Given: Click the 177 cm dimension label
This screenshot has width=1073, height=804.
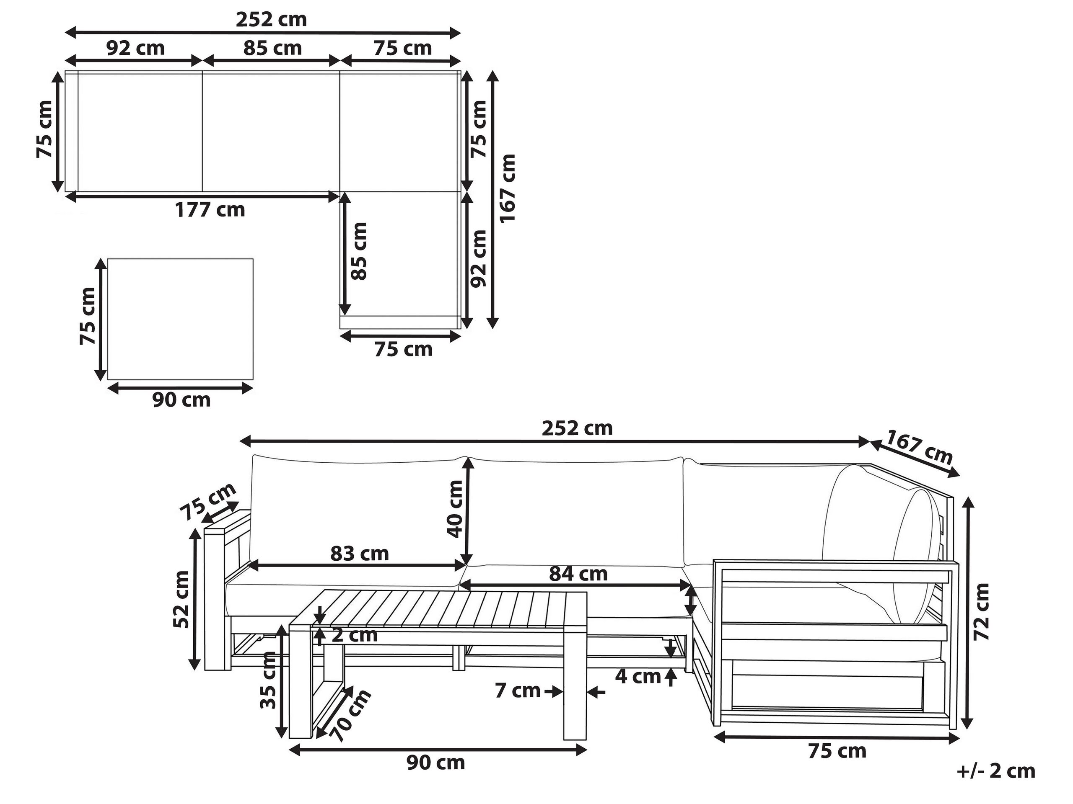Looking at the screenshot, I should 210,210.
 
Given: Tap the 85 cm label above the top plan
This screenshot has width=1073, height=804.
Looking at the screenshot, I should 272,49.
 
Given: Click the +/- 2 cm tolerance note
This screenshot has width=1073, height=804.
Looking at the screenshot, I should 996,770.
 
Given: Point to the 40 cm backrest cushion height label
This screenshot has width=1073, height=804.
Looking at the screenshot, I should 455,508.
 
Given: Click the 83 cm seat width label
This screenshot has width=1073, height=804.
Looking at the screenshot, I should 360,553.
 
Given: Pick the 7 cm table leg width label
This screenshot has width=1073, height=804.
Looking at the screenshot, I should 517,690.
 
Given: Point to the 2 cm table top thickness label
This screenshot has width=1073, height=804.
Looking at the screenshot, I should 354,635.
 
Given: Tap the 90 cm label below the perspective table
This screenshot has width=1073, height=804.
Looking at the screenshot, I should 435,762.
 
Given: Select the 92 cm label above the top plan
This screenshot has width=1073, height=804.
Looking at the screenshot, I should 135,49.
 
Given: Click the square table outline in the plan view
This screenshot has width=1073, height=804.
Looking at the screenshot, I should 180,319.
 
